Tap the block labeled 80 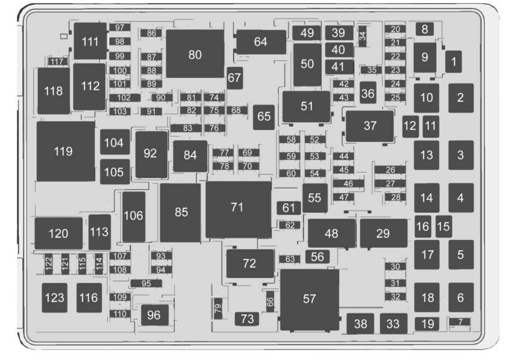(195, 54)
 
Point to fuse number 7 (460, 321)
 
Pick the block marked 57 (309, 299)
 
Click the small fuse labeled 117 (57, 62)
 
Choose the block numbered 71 (238, 209)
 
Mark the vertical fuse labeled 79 (218, 309)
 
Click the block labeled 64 (261, 42)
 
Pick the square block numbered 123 (54, 297)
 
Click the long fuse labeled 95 (146, 283)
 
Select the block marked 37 (370, 126)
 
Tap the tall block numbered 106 (134, 216)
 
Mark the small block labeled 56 (317, 256)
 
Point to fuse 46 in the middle (348, 183)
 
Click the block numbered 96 (154, 315)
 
